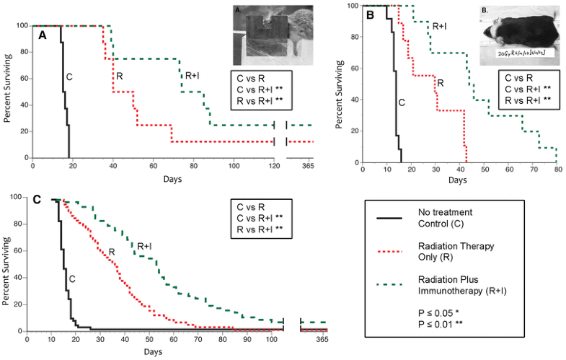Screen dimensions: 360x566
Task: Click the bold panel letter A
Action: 43,34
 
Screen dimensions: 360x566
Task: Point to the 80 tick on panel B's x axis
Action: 557,170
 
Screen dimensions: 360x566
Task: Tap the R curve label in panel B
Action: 440,84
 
